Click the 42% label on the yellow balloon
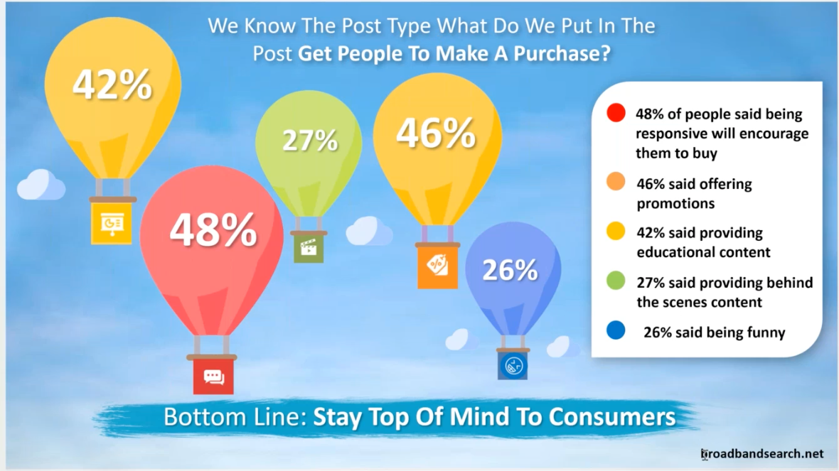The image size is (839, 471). pos(112,85)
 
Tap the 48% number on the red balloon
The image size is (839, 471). pos(213,230)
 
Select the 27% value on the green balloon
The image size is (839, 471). pos(310,140)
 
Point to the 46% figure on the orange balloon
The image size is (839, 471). pos(436,133)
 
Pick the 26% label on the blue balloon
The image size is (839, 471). pos(510,270)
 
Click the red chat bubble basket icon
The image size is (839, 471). pos(213,377)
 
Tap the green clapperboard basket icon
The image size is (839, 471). pos(309,249)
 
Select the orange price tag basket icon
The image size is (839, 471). pos(438,266)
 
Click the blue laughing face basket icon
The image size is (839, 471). pos(513,366)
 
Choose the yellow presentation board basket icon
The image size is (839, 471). pos(112,224)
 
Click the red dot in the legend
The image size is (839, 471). pos(616,113)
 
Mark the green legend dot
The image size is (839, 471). pos(616,281)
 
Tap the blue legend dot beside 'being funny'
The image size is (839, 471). pos(616,330)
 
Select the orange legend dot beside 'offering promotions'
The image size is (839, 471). pos(616,181)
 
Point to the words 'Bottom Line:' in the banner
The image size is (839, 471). pos(235,417)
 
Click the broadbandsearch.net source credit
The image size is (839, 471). pos(762,454)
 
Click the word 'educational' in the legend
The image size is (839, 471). pos(673,252)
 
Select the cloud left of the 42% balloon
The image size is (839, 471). pos(41,185)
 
